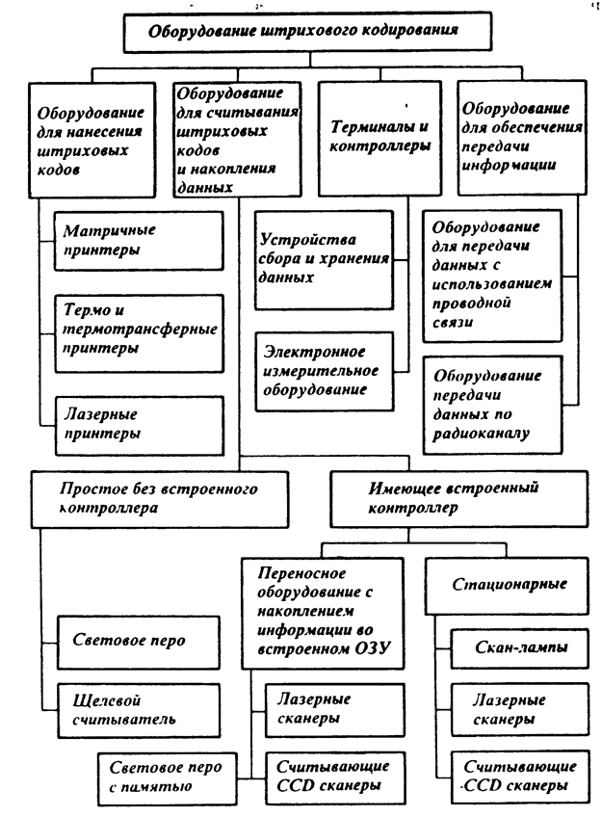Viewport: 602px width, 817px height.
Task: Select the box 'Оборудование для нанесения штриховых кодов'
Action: (x=92, y=141)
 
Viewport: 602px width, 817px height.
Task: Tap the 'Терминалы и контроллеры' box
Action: (x=372, y=137)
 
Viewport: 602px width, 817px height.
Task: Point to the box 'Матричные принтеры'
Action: (x=135, y=240)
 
